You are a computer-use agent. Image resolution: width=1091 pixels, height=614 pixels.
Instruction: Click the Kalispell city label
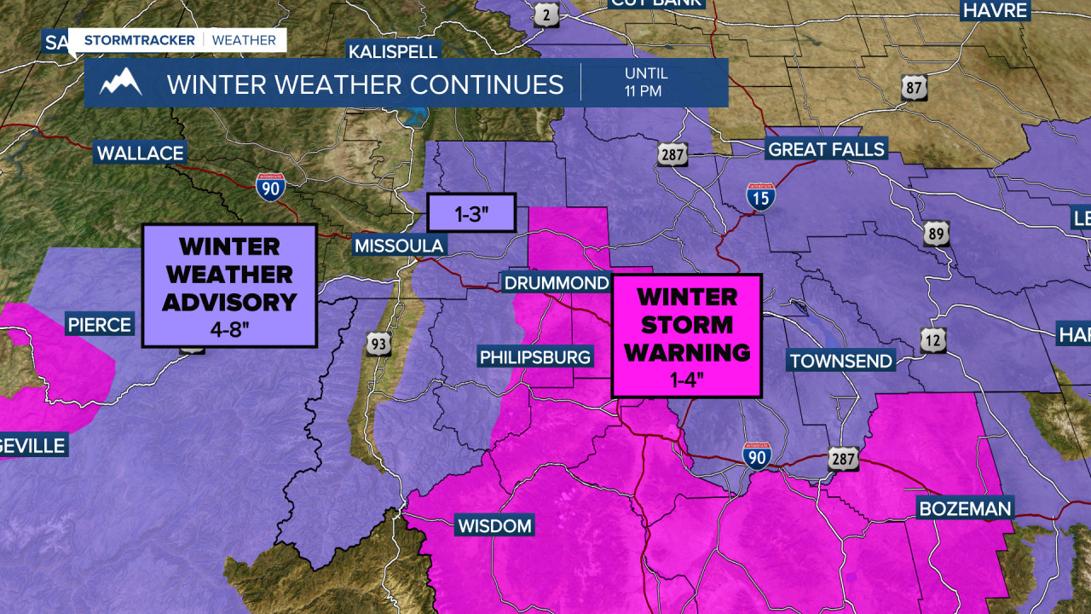tap(393, 51)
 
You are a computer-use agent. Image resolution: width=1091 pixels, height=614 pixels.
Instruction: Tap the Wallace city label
tap(140, 153)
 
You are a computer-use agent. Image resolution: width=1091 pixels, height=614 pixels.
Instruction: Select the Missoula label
tap(399, 246)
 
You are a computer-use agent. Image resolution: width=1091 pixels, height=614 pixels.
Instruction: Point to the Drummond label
tap(556, 283)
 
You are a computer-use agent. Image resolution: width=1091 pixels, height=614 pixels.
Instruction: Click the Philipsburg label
tap(535, 357)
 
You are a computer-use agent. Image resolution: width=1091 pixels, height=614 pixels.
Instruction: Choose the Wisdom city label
tap(494, 525)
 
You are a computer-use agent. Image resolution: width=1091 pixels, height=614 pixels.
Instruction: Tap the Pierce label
tap(100, 325)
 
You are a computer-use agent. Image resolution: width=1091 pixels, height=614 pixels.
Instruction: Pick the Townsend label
tap(840, 361)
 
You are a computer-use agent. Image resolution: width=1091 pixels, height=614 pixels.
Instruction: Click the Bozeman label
tap(964, 509)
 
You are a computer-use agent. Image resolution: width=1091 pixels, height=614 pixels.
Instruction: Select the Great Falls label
tap(827, 150)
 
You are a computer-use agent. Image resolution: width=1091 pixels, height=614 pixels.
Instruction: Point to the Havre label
tap(995, 11)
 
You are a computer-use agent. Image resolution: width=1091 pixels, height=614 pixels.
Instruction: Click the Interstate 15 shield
tap(760, 197)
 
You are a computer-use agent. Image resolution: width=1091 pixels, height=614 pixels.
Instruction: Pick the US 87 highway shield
tap(913, 87)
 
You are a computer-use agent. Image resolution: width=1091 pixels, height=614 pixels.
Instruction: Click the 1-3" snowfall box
tap(471, 212)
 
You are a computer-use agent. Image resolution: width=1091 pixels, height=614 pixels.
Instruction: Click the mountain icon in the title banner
tap(120, 82)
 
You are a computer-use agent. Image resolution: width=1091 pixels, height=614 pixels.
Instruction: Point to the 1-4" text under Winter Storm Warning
tap(686, 380)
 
